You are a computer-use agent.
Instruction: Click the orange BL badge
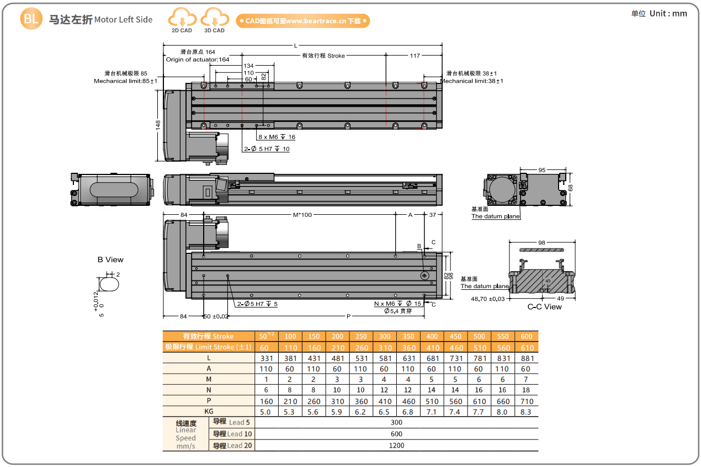[x=31, y=19]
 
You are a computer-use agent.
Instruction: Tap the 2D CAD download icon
[x=182, y=20]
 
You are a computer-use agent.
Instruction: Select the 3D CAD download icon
[x=214, y=20]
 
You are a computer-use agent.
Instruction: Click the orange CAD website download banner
[x=302, y=21]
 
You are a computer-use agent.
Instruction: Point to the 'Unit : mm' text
[x=660, y=13]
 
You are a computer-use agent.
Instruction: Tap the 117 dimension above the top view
[x=415, y=56]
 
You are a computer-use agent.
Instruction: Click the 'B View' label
[x=110, y=259]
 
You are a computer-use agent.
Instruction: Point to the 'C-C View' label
[x=544, y=307]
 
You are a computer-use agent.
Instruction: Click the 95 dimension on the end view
[x=541, y=170]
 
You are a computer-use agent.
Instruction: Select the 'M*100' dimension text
[x=302, y=215]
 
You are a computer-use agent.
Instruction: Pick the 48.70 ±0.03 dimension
[x=487, y=299]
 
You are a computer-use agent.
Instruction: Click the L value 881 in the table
[x=526, y=358]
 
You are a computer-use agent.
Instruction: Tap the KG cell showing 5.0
[x=265, y=412]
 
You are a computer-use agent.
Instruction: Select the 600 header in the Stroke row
[x=526, y=336]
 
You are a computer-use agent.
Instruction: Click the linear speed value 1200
[x=396, y=445]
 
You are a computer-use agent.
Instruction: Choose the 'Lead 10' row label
[x=232, y=434]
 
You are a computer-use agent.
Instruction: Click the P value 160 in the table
[x=266, y=401]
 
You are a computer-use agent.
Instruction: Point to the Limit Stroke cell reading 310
[x=385, y=347]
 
